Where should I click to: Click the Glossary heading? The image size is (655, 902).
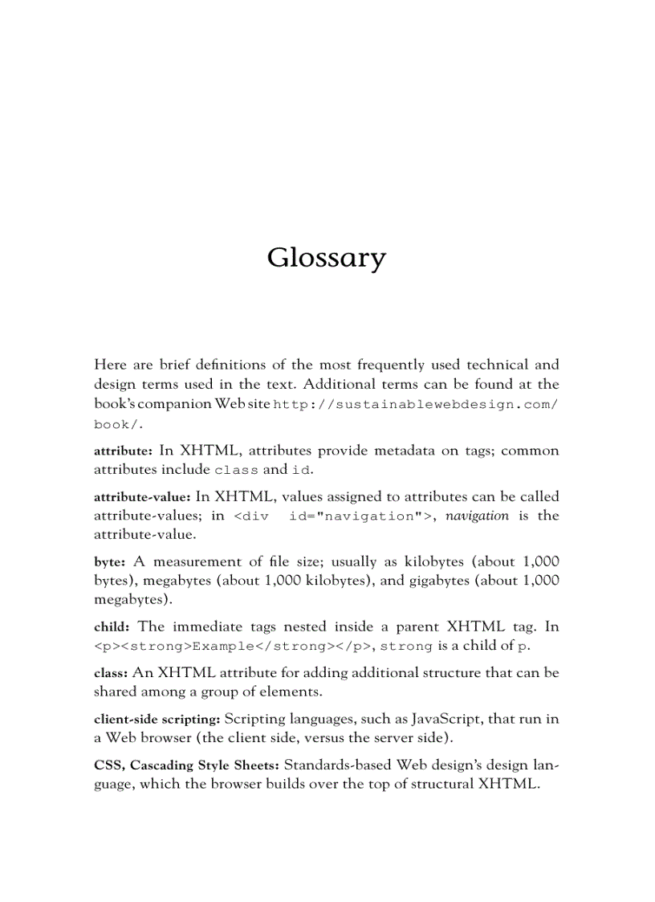[x=327, y=259]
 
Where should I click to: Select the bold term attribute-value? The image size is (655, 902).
[x=142, y=497]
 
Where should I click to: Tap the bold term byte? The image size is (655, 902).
[x=108, y=562]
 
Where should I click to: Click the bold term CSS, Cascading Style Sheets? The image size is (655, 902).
[x=186, y=765]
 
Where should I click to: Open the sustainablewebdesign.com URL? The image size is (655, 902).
[x=416, y=405]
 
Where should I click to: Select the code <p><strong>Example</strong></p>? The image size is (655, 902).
[x=233, y=647]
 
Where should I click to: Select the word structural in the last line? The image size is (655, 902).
[x=434, y=784]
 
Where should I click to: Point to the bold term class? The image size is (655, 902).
[x=110, y=673]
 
